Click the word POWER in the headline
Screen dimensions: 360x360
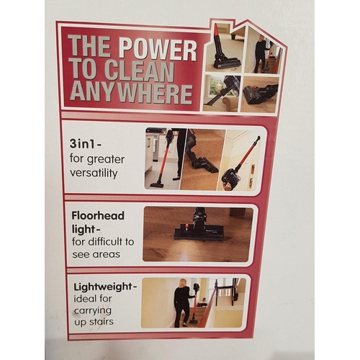pyautogui.click(x=158, y=50)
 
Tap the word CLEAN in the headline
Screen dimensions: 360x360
pyautogui.click(x=139, y=71)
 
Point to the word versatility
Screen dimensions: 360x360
pyautogui.click(x=94, y=173)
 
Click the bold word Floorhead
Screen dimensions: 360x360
pyautogui.click(x=98, y=216)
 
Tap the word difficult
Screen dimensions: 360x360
pyautogui.click(x=103, y=242)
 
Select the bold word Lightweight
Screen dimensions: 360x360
pyautogui.click(x=103, y=287)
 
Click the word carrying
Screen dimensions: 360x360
pyautogui.click(x=93, y=311)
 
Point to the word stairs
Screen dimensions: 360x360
pyautogui.click(x=101, y=322)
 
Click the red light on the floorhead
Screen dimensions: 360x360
pyautogui.click(x=186, y=225)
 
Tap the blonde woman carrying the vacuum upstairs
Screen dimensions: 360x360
pyautogui.click(x=181, y=303)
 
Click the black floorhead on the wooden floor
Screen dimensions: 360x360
pyautogui.click(x=199, y=233)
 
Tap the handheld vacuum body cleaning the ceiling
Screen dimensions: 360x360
pyautogui.click(x=228, y=179)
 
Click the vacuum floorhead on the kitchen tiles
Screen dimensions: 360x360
pyautogui.click(x=157, y=185)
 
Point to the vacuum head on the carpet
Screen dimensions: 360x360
pyautogui.click(x=207, y=165)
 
